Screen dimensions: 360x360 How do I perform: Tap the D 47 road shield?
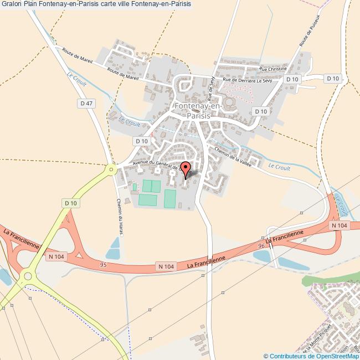click(85, 103)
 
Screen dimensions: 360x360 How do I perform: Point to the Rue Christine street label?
click(273, 69)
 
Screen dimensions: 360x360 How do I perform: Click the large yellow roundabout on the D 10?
click(27, 276)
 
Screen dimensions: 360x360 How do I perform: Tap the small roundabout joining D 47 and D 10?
click(112, 169)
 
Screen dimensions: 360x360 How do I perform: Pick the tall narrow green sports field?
click(169, 198)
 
